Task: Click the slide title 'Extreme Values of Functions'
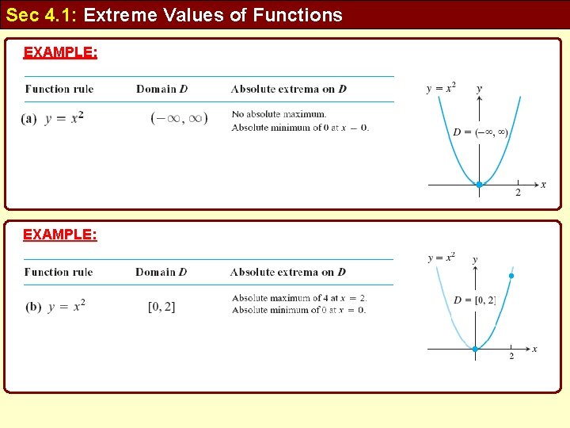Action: [x=213, y=15]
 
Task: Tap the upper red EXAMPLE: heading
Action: [x=60, y=52]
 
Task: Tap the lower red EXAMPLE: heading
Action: [x=60, y=235]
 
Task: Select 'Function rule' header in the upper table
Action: [x=59, y=89]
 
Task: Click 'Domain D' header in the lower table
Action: [x=161, y=272]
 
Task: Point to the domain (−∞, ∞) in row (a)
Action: [x=179, y=118]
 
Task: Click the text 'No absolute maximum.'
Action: [x=279, y=114]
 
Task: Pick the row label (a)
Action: [x=29, y=118]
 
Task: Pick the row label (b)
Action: [x=33, y=307]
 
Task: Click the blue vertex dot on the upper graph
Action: [x=479, y=185]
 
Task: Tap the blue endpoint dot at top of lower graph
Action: [x=511, y=276]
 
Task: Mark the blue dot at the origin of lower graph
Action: [x=475, y=349]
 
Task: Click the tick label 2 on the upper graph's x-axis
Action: [x=518, y=193]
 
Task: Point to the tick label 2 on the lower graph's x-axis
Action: [x=511, y=357]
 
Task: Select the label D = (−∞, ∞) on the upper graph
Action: [x=481, y=132]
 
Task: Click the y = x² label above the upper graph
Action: [x=441, y=88]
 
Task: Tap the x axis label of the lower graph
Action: [x=534, y=349]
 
